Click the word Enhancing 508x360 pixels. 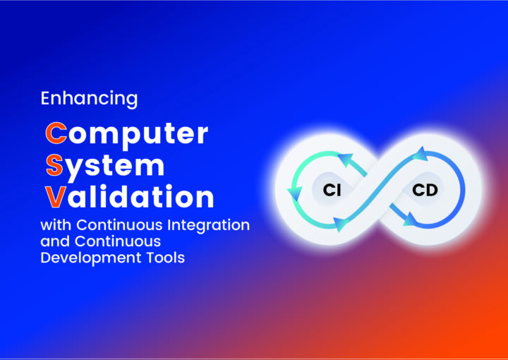coord(89,99)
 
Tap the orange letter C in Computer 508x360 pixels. coord(56,133)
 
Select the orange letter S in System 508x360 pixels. coord(54,165)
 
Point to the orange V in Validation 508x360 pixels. coord(56,197)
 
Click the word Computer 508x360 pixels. coord(127,135)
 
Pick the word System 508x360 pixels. coord(105,167)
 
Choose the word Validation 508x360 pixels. coord(130,196)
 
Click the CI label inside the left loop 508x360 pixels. coord(332,190)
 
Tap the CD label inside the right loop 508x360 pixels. coord(425,190)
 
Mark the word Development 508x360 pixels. coord(91,258)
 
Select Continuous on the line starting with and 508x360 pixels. coord(118,241)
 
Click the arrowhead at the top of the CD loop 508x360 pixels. coord(421,155)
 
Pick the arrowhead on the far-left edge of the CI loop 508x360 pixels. coord(295,193)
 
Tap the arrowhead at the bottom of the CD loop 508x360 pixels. coord(410,220)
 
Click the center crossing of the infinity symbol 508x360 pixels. coord(378,189)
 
